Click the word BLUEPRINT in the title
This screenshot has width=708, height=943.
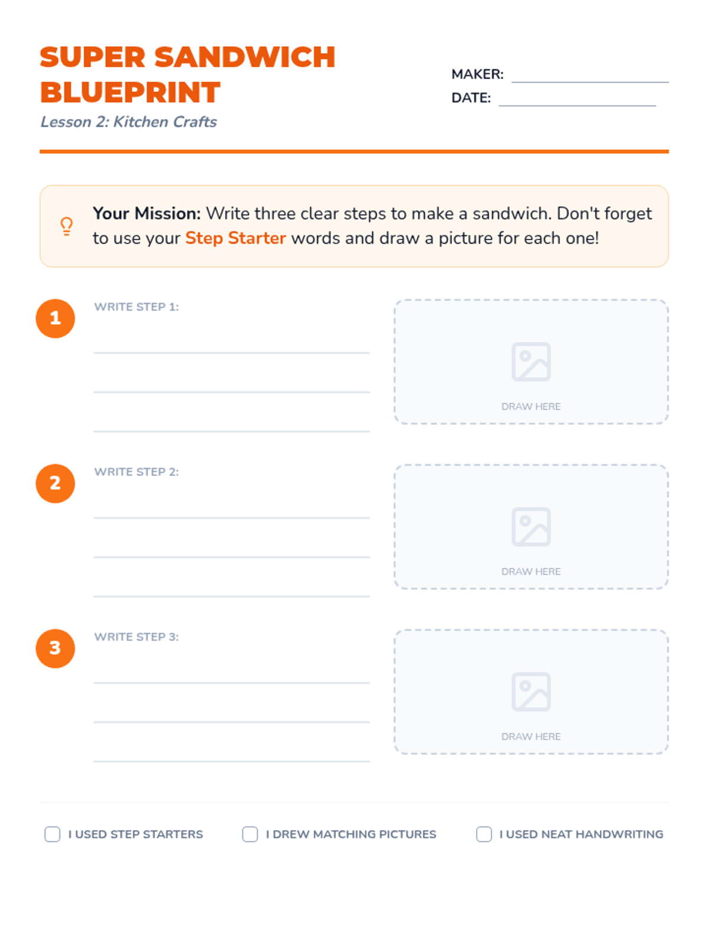[130, 93]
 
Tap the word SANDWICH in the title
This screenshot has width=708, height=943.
[245, 57]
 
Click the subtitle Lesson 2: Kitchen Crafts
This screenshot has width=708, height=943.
[129, 122]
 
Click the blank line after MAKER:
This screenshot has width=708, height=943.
[590, 81]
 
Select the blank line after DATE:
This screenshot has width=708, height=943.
[577, 105]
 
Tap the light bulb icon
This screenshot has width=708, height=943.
[66, 226]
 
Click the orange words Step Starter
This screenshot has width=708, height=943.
[235, 238]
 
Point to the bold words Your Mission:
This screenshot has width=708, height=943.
[146, 213]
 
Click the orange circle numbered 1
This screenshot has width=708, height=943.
[55, 318]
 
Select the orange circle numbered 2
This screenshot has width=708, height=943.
[55, 483]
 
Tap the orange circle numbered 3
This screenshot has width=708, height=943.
[55, 648]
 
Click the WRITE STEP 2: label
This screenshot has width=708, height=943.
[136, 471]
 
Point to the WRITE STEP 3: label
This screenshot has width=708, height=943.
[136, 637]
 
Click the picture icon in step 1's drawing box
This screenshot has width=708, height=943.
[531, 361]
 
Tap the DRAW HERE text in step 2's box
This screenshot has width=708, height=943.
[531, 571]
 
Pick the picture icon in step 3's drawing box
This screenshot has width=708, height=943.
[531, 691]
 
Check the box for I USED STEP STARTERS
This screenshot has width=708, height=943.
[53, 834]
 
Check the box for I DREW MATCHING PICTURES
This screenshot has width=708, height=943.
[250, 834]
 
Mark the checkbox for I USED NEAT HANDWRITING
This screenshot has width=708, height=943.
[484, 834]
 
